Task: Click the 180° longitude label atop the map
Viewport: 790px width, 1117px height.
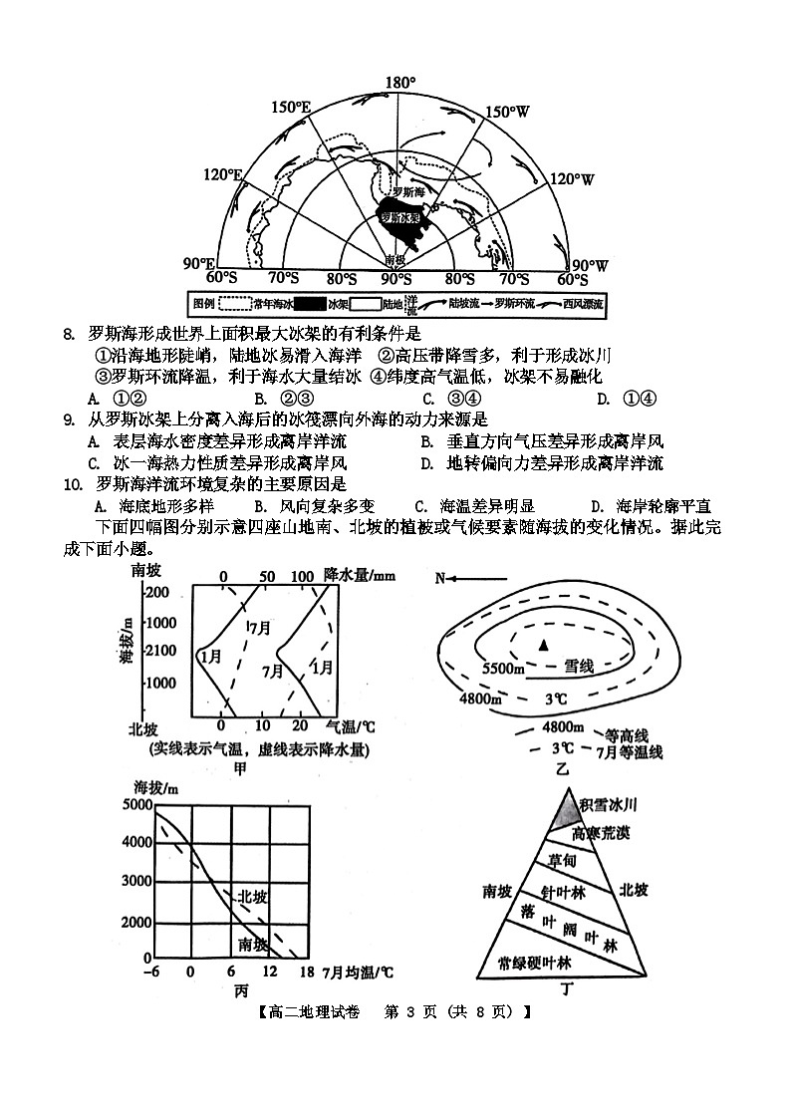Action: [399, 82]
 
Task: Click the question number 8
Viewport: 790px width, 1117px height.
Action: [68, 334]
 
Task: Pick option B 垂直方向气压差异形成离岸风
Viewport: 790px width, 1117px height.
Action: [542, 441]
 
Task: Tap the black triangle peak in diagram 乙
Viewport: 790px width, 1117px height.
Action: [543, 646]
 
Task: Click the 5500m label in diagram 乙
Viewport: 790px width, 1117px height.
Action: [504, 668]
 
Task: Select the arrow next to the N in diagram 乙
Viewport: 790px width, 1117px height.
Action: [478, 579]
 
